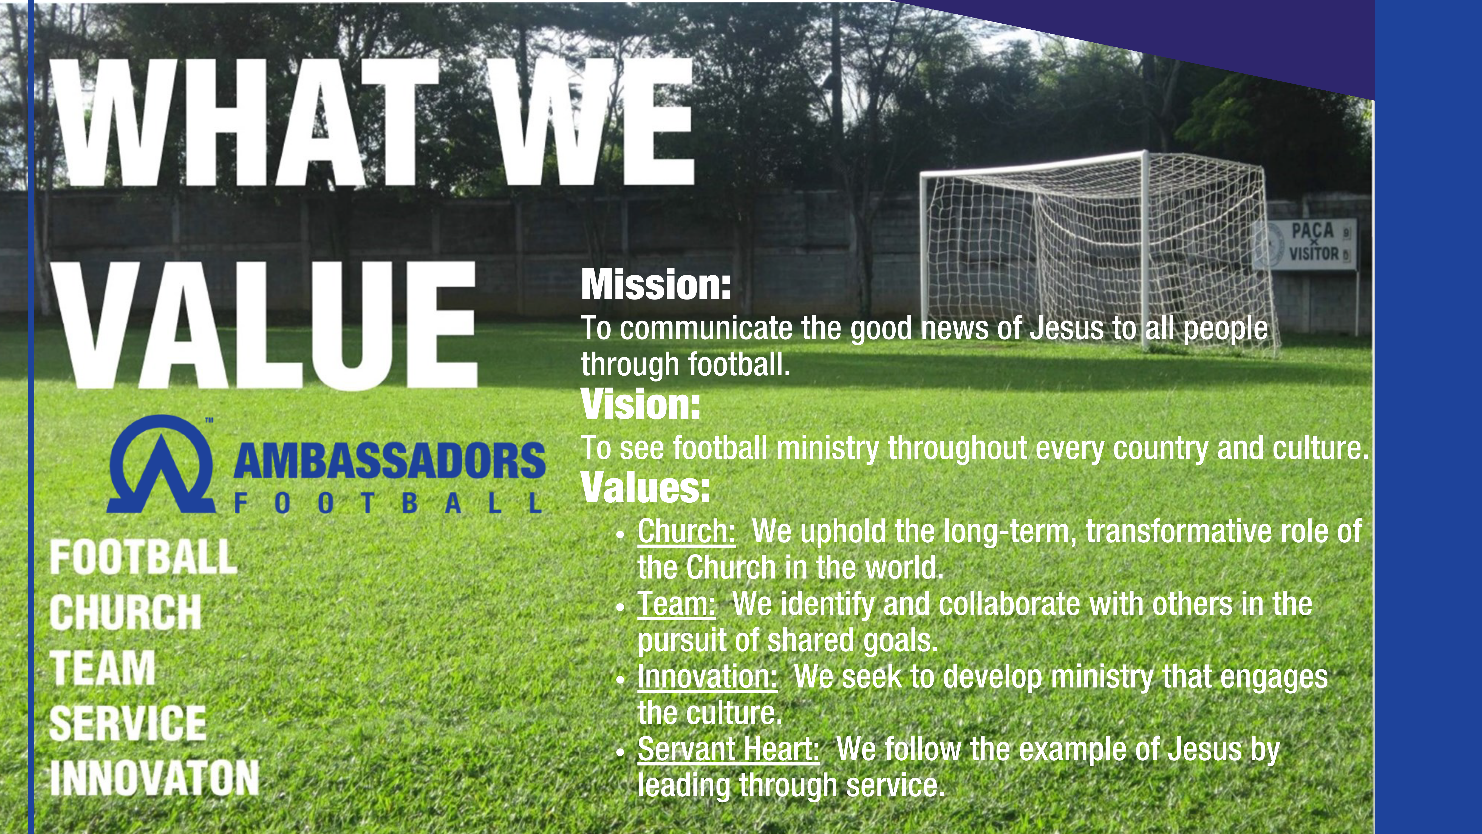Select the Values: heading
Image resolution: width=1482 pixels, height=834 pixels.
[x=645, y=488]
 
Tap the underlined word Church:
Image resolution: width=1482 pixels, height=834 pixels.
[x=686, y=531]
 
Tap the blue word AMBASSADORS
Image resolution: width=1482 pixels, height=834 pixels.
[x=389, y=460]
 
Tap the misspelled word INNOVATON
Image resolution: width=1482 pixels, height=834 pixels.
[x=154, y=778]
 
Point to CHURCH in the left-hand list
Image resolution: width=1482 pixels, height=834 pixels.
[x=125, y=612]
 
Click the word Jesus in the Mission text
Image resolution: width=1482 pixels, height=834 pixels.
[x=1066, y=329]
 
